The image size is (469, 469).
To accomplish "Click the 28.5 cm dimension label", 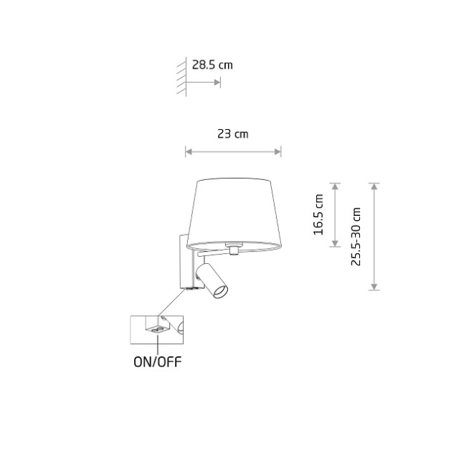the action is [x=212, y=65].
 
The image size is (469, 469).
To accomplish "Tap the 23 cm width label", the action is [x=232, y=133].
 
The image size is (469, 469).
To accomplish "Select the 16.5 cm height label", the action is [x=318, y=214].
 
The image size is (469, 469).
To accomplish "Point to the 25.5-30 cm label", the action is [x=356, y=237].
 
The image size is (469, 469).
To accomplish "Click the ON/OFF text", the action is [x=157, y=362].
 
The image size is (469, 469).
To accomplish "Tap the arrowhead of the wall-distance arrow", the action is [x=217, y=82].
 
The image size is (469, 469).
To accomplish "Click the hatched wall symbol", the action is [x=181, y=77].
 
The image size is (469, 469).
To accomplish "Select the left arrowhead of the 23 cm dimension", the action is [x=189, y=152].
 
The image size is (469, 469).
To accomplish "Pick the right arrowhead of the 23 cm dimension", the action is [x=278, y=152].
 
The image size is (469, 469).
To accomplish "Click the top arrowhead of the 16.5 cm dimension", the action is [x=336, y=186].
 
